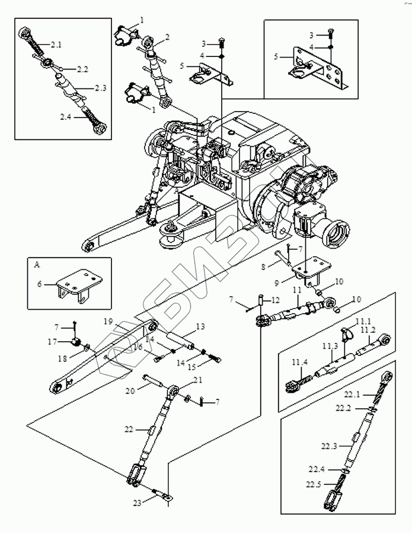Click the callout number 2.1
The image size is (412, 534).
click(x=56, y=44)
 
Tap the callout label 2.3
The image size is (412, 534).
click(x=100, y=88)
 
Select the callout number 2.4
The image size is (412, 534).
click(x=66, y=117)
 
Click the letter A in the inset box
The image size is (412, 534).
click(x=37, y=265)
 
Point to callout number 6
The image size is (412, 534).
click(x=40, y=284)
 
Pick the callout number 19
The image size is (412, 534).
click(x=108, y=322)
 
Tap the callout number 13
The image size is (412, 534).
click(x=201, y=327)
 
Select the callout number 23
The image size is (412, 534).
click(x=137, y=503)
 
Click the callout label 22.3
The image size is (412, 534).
click(x=329, y=446)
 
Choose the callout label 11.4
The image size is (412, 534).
click(x=300, y=362)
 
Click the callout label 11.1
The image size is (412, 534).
click(x=363, y=321)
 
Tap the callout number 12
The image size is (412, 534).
click(x=275, y=300)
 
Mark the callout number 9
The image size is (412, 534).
click(x=277, y=282)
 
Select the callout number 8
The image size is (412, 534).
click(x=263, y=266)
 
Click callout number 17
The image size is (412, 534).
click(x=52, y=342)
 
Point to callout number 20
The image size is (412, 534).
click(x=130, y=390)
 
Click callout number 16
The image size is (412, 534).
click(x=138, y=347)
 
